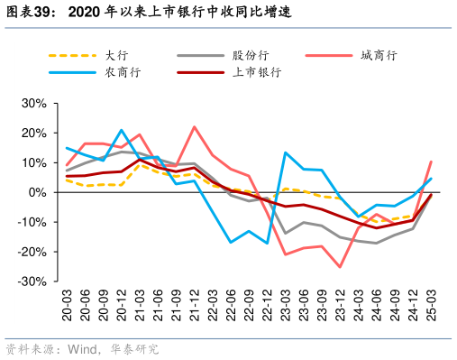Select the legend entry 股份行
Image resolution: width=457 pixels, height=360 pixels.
247,55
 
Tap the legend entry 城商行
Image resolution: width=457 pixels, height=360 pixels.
379,55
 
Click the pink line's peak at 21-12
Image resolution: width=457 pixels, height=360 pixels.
194,126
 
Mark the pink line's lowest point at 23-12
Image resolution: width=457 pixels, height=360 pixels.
340,267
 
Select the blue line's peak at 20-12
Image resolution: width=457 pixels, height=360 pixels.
121,130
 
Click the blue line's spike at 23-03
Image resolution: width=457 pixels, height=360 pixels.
285,152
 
